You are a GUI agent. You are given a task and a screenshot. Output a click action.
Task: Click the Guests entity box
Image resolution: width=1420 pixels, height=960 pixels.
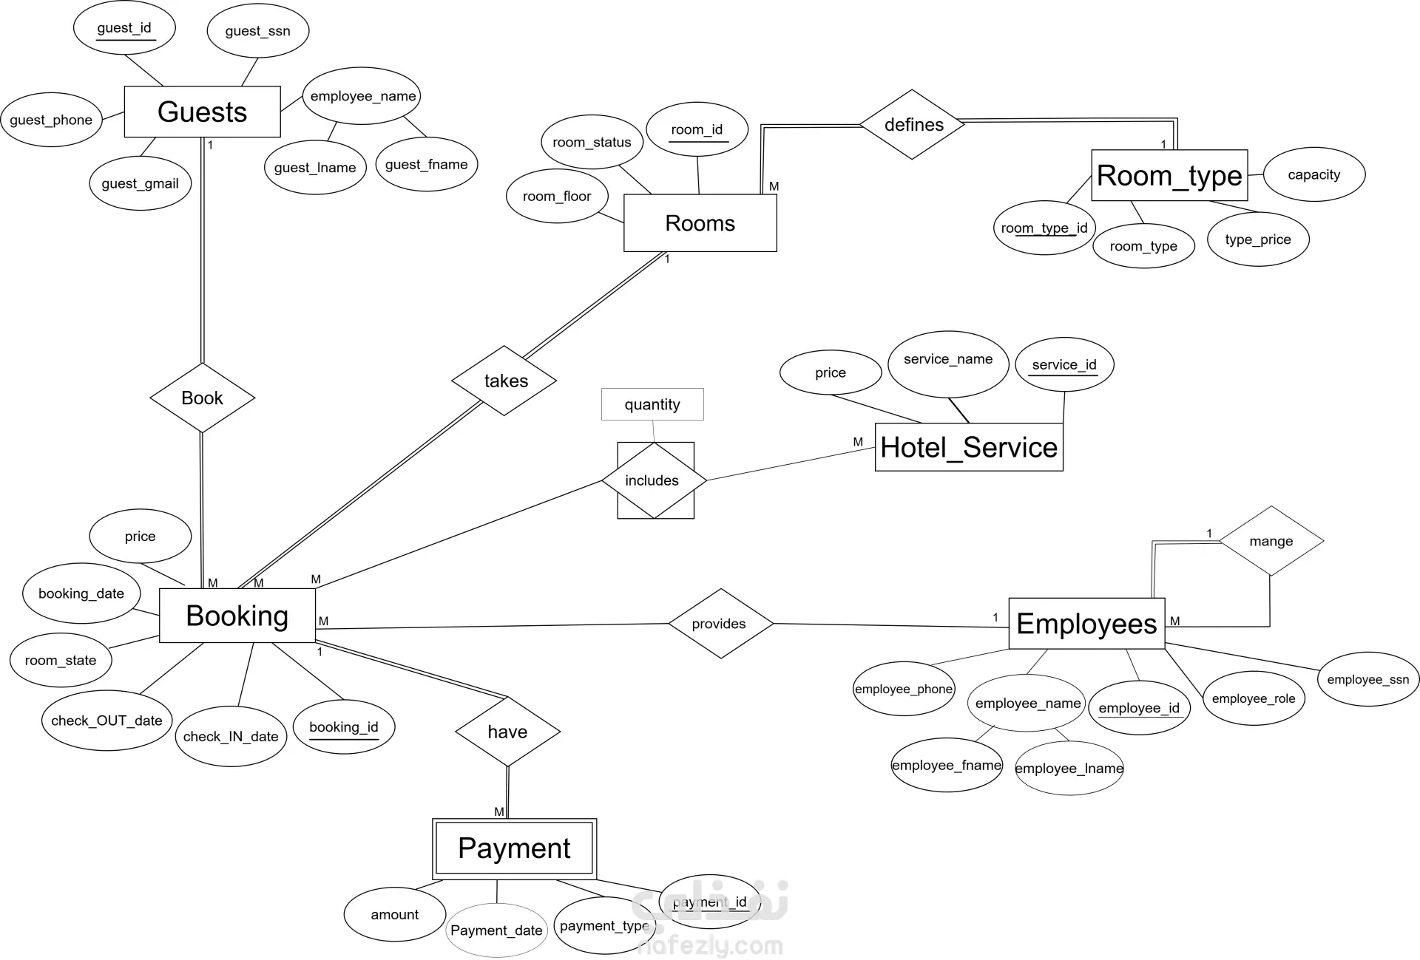pyautogui.click(x=202, y=112)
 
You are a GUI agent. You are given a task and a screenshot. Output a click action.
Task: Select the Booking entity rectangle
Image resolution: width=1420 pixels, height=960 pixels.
pyautogui.click(x=237, y=616)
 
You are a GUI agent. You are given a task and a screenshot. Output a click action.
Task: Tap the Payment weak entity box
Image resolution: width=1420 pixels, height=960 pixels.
pyautogui.click(x=514, y=848)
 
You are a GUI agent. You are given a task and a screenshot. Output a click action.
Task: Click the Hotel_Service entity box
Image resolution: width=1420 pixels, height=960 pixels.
pyautogui.click(x=969, y=447)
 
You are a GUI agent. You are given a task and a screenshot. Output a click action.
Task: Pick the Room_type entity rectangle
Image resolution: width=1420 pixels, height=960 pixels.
pyautogui.click(x=1169, y=176)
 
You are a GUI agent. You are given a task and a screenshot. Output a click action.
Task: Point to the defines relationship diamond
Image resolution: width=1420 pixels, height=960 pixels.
pyautogui.click(x=913, y=125)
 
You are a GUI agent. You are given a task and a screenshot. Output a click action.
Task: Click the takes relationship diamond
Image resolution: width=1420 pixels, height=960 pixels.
pyautogui.click(x=504, y=381)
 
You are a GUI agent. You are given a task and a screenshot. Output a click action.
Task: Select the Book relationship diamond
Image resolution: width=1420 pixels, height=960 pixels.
pyautogui.click(x=202, y=398)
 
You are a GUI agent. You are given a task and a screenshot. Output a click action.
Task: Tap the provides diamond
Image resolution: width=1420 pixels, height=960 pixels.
pyautogui.click(x=720, y=624)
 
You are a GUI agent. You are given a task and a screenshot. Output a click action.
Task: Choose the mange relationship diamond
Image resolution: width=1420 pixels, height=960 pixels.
pyautogui.click(x=1271, y=541)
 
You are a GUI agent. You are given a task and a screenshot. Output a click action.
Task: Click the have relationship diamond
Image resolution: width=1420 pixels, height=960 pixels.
pyautogui.click(x=507, y=732)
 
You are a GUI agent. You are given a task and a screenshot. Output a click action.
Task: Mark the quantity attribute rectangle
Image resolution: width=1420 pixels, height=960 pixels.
pyautogui.click(x=652, y=404)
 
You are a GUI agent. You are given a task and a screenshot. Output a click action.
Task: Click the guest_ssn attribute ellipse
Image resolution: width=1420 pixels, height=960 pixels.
pyautogui.click(x=257, y=31)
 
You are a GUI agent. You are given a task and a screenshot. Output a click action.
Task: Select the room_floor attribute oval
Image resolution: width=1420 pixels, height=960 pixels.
pyautogui.click(x=557, y=196)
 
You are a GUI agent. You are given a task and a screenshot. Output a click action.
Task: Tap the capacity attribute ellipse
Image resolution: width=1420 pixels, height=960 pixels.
pyautogui.click(x=1313, y=174)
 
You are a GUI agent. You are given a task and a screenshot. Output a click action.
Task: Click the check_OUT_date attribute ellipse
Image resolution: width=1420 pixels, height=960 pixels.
pyautogui.click(x=106, y=721)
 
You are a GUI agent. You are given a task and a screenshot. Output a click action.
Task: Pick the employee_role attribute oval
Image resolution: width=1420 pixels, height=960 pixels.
pyautogui.click(x=1254, y=698)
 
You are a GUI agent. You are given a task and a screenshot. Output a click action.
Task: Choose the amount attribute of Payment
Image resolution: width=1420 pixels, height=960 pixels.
pyautogui.click(x=395, y=914)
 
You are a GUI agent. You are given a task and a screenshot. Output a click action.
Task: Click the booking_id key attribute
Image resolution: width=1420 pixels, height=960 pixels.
pyautogui.click(x=344, y=727)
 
